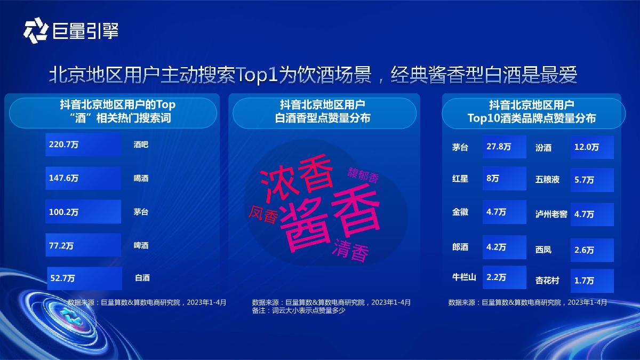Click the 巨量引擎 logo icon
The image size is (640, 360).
tap(36, 30)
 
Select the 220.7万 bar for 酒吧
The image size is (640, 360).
tap(83, 145)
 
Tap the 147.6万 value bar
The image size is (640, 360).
tap(83, 178)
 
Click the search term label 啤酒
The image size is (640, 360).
tap(141, 245)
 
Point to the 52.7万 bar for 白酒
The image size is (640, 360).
tap(84, 278)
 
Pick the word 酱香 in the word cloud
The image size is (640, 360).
tap(330, 219)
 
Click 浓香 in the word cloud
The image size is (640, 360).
tap(295, 177)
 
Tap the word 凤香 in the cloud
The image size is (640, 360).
tap(263, 214)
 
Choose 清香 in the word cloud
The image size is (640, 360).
tap(350, 251)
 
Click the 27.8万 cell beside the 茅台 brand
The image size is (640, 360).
tap(505, 147)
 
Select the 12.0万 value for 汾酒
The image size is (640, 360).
tap(592, 147)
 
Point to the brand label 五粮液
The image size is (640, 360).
tap(547, 179)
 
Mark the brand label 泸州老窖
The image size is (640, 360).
tap(551, 214)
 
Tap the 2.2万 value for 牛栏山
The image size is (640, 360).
tap(505, 277)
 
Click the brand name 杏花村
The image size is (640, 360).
tap(547, 281)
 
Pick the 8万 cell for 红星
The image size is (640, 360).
tap(505, 179)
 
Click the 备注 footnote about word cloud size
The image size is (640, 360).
tap(299, 310)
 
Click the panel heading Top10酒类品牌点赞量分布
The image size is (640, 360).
tap(531, 118)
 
